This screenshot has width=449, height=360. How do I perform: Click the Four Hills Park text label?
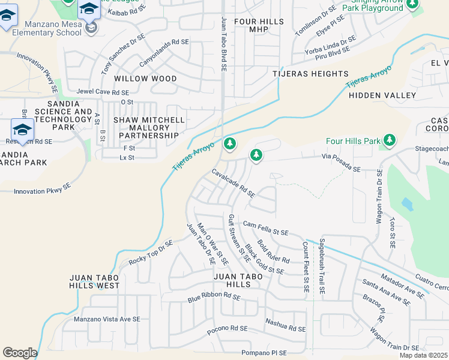click(x=353, y=141)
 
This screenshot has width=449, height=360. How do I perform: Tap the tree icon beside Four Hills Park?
click(x=390, y=140)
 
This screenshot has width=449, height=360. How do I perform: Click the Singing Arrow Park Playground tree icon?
click(x=412, y=4)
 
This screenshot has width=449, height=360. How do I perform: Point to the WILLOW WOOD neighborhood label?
click(x=145, y=79)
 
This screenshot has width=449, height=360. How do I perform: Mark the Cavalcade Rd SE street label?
click(x=233, y=183)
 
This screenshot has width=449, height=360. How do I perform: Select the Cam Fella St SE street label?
click(x=265, y=228)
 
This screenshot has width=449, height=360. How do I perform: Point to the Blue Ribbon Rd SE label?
click(x=214, y=296)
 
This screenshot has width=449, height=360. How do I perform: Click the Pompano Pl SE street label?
click(x=267, y=353)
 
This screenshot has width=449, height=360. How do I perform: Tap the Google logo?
click(x=20, y=353)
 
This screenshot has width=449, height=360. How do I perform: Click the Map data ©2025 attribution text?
click(x=423, y=355)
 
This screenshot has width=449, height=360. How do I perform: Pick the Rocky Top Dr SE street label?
click(x=150, y=253)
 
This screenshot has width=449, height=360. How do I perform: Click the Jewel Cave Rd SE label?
click(x=103, y=92)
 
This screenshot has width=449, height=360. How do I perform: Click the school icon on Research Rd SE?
click(x=22, y=129)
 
